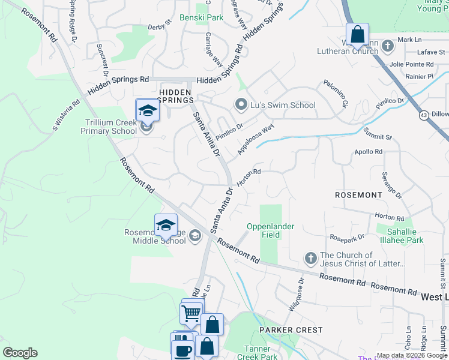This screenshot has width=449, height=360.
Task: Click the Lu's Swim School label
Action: [283, 105]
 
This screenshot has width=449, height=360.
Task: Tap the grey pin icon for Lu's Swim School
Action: [241, 105]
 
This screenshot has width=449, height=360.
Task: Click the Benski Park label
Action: [201, 18]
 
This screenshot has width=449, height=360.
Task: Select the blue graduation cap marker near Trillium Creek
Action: [147, 110]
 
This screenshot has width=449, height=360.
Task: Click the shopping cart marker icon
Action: [191, 312]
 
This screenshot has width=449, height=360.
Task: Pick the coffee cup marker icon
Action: [183, 350]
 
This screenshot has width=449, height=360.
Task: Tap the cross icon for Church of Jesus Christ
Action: [310, 259]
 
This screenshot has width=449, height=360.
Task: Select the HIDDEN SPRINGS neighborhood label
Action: [175, 96]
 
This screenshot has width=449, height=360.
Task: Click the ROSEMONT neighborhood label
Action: [359, 196]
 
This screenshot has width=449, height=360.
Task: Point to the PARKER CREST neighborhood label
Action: [291, 330]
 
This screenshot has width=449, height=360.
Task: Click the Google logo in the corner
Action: [20, 353]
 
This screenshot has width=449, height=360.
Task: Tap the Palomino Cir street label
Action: [336, 94]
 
